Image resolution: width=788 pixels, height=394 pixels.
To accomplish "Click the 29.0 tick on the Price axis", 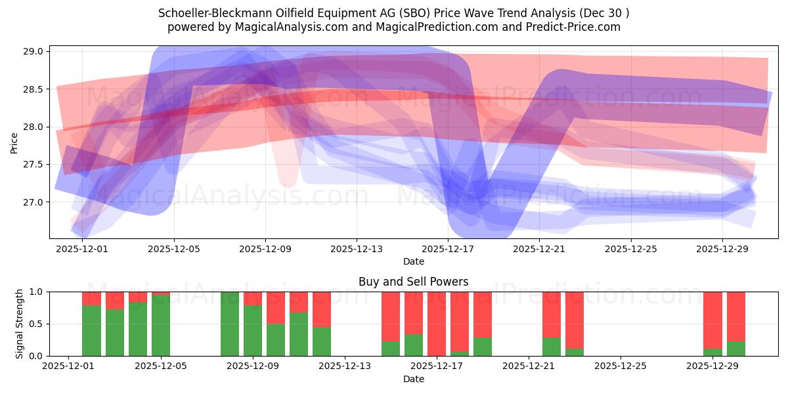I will point(34,51).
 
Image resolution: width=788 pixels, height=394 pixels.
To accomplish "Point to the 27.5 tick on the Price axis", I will point(34,164).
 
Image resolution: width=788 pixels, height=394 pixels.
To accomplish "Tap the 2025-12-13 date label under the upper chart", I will point(357,250).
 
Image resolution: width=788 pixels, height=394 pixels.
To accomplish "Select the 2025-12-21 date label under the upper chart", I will point(539,250).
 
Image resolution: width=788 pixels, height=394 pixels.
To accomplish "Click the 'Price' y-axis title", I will point(14,142).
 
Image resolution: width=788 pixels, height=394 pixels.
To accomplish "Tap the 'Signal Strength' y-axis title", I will point(19,324).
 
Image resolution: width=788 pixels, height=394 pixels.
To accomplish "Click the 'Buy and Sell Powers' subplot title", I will point(413,282).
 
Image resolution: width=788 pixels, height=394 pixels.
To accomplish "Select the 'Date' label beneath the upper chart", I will point(413,261).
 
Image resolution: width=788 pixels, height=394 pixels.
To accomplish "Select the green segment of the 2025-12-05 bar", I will point(161,326).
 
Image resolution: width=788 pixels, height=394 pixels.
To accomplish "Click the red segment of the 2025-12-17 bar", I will point(437,322).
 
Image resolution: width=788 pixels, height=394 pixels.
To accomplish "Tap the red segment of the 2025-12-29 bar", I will point(712,319).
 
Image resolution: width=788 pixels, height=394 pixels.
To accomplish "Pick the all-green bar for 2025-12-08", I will point(230,324).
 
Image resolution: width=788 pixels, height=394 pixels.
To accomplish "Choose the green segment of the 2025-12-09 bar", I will point(253,331).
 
